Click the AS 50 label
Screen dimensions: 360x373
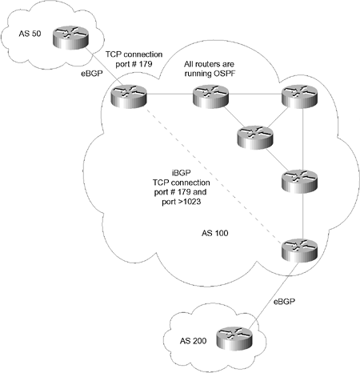30,34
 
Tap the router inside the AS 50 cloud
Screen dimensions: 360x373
70,38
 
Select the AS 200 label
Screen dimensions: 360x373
193,341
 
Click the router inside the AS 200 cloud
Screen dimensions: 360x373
234,338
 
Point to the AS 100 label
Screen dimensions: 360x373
214,233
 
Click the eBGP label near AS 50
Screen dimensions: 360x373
92,74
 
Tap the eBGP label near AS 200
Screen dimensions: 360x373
285,302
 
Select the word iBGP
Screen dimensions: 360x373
181,173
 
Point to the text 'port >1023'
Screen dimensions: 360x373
182,202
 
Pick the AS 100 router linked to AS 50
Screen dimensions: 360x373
129,97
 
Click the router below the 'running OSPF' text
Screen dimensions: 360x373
210,97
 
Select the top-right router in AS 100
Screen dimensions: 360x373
300,97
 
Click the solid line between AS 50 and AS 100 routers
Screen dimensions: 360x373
105,67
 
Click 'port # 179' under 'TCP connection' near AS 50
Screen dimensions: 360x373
134,64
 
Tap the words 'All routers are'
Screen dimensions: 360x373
209,64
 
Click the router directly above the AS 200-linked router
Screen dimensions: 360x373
300,182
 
